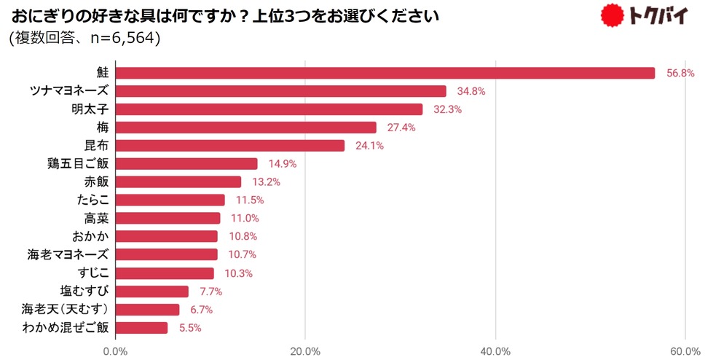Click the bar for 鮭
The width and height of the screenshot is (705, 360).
(385, 73)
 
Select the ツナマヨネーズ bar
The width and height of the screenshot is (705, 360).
(281, 91)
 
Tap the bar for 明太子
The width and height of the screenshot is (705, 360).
(269, 109)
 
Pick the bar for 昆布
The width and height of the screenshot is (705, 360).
(230, 146)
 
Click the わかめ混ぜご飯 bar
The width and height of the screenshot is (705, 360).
(142, 328)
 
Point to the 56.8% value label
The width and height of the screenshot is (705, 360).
(681, 73)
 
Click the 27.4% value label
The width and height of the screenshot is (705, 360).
(400, 128)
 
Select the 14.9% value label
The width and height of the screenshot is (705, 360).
(281, 164)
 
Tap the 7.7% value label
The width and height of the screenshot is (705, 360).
(210, 291)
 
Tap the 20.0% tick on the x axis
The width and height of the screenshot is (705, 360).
(306, 351)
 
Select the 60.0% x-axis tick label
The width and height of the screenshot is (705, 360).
(685, 351)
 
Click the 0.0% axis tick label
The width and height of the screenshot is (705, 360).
(116, 351)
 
